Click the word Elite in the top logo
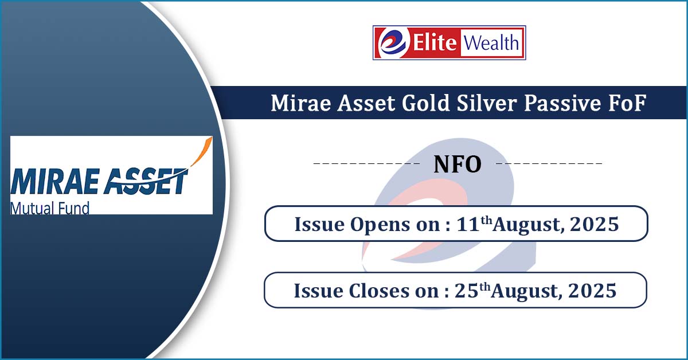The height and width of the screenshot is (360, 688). pyautogui.click(x=435, y=42)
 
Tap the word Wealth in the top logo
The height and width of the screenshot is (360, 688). pyautogui.click(x=491, y=42)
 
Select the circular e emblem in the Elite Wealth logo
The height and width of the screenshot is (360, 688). pyautogui.click(x=393, y=42)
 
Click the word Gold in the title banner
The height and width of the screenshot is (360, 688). pyautogui.click(x=425, y=103)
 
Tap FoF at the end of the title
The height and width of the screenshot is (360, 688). pyautogui.click(x=627, y=103)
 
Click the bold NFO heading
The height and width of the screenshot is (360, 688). pyautogui.click(x=458, y=165)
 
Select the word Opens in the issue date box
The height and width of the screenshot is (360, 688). pyautogui.click(x=380, y=225)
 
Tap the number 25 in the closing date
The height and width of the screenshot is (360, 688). pyautogui.click(x=467, y=290)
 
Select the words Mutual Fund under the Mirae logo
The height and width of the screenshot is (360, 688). pyautogui.click(x=50, y=208)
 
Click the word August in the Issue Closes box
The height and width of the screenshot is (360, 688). pyautogui.click(x=526, y=291)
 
